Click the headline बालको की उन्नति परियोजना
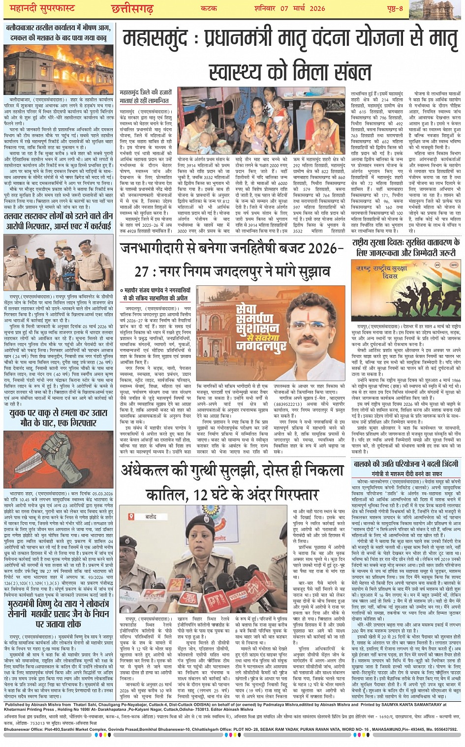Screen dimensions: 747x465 [406, 464]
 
